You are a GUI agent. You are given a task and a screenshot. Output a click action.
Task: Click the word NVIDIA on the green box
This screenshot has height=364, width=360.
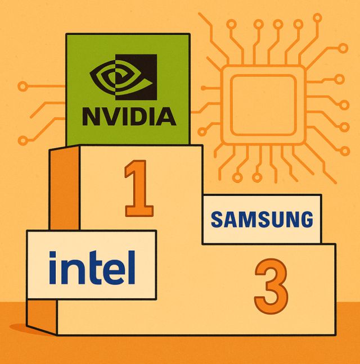click(x=129, y=116)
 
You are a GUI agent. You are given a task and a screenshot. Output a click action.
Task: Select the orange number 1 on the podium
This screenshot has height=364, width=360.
click(x=138, y=188)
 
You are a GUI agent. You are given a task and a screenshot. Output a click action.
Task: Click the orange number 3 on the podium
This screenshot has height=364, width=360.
click(x=271, y=286)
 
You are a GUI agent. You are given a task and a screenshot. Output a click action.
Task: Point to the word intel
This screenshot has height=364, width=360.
click(x=92, y=268)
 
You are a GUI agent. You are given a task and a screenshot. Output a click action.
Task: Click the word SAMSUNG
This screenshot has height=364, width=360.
click(x=262, y=219)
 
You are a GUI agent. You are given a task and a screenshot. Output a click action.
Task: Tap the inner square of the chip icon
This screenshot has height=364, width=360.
click(x=263, y=105)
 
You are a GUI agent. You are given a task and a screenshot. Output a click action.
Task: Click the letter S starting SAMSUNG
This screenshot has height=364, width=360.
click(x=217, y=220)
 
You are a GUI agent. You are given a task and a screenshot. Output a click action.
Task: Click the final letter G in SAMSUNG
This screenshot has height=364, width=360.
click(x=306, y=219)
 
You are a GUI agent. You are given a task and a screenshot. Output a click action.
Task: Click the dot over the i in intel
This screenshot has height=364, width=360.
click(x=53, y=256)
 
